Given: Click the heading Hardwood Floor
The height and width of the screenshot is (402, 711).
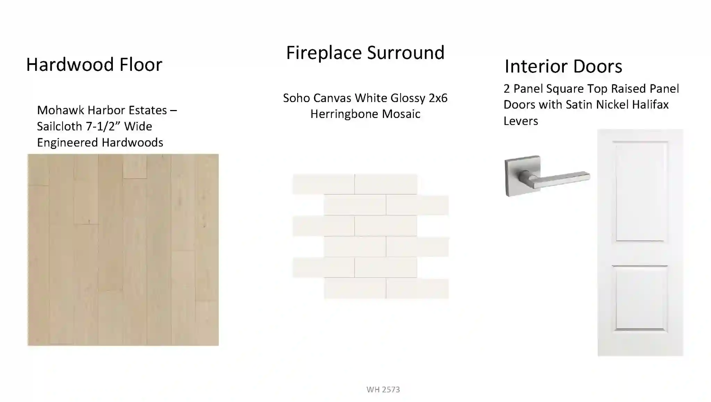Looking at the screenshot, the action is (x=94, y=65).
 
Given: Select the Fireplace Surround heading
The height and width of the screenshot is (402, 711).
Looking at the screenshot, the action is (x=365, y=53).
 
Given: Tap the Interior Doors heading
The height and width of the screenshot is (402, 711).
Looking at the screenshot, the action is (x=563, y=66).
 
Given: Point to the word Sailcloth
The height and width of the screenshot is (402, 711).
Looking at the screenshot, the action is (x=59, y=126).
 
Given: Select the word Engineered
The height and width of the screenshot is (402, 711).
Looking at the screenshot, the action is (x=67, y=143).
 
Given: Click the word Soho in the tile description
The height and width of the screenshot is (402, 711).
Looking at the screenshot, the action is (x=296, y=98).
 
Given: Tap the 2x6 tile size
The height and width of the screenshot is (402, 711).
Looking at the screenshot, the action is (x=438, y=98).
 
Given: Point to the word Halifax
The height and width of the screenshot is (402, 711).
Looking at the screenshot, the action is (x=650, y=104).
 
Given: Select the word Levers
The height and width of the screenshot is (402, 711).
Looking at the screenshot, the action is (x=521, y=121).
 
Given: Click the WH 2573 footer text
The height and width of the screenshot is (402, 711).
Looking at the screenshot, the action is (x=383, y=390).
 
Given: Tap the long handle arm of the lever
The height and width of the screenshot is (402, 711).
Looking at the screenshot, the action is (x=561, y=179).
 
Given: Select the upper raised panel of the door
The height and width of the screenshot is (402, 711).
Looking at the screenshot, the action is (x=640, y=191).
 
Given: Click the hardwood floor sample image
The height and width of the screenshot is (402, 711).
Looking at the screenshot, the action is (x=123, y=250).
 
